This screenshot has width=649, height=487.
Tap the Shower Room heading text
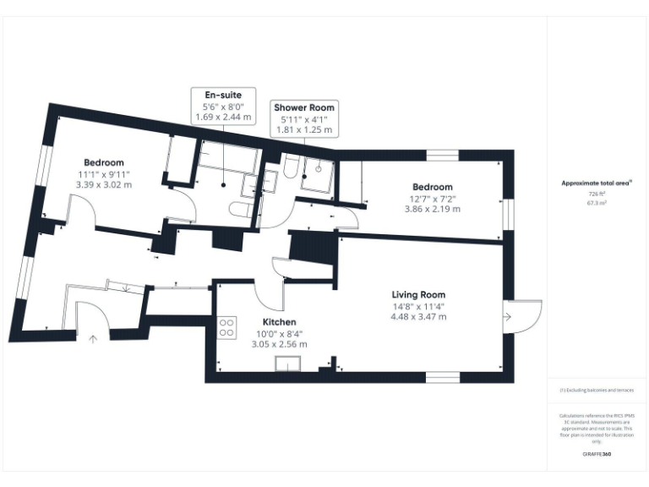coord(303,107)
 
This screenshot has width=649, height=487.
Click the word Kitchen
coord(279,322)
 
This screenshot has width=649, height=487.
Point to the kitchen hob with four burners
coord(226,327)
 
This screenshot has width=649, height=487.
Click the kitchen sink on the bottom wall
coord(288,364)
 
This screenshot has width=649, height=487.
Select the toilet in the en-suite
coord(237,211)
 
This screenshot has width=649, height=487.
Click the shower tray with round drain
coord(319,174)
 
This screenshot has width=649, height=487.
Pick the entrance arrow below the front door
coord(92,339)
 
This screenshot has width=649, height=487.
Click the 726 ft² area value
coord(597,194)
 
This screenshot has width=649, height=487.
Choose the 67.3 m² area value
coord(597,203)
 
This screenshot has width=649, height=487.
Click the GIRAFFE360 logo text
coord(597,454)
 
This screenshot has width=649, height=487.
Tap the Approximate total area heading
coord(597,182)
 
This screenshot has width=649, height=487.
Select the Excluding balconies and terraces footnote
coord(597,391)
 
